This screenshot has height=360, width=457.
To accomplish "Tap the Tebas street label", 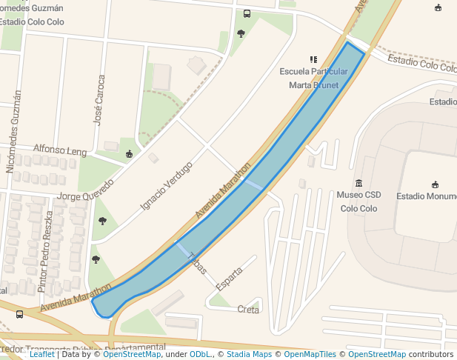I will pos(197,264).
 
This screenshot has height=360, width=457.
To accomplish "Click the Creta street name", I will pos(248,310).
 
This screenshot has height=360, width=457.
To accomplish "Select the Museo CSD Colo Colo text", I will pos(358,201).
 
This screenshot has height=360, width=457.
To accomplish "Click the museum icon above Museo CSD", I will pos(358,183).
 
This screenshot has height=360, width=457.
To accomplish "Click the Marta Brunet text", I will pos(313,85).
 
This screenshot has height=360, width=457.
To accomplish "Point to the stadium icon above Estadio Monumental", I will pos(434,184).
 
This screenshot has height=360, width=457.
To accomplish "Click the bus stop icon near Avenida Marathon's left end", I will pos(19,314).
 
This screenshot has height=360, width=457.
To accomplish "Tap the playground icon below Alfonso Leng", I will pos(130,154).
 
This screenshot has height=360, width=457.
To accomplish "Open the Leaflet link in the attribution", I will pos(41,354).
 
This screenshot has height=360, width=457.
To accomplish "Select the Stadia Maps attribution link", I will pos(249,354).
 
